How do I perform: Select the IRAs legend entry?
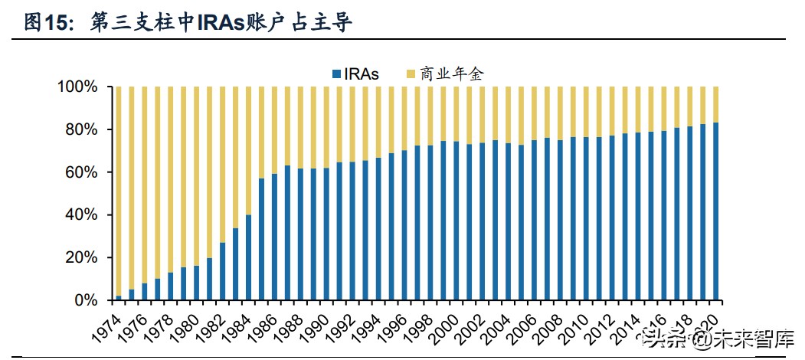point(356,74)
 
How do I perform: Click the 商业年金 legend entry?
point(447,74)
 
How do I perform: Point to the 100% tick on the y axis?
point(77,87)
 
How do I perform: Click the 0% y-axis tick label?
point(85,300)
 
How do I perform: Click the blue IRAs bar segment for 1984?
point(248,257)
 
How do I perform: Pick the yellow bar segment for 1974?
point(118,191)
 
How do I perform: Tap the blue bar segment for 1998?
point(430,223)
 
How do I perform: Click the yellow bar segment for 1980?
point(196,176)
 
